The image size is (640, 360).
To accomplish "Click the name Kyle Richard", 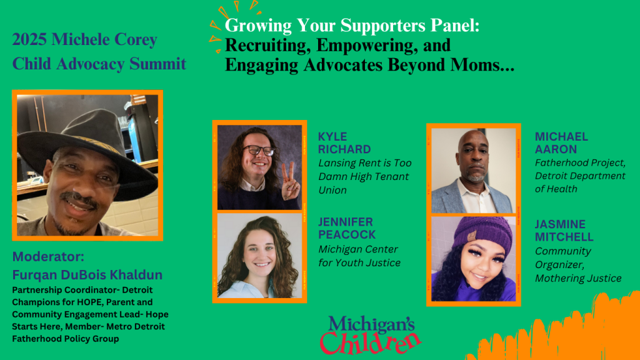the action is click(x=344, y=143).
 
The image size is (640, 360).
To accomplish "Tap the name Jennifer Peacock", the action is click(x=347, y=228).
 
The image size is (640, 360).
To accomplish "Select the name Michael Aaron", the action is click(x=561, y=143).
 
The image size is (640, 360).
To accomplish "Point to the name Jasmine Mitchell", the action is click(x=564, y=231).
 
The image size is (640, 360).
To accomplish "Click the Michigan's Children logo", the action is click(x=370, y=334).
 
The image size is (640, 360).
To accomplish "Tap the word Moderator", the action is click(x=48, y=256).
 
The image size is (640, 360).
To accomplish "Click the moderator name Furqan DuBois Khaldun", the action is click(x=87, y=275).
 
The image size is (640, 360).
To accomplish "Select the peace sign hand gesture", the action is click(x=290, y=182).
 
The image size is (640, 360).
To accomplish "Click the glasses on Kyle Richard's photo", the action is click(x=259, y=151).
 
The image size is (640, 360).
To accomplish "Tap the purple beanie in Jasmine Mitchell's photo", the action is click(x=483, y=236).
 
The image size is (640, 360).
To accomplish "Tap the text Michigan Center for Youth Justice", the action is click(x=359, y=256).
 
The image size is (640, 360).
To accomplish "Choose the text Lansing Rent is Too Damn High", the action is click(x=365, y=170).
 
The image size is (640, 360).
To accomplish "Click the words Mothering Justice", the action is click(x=578, y=278).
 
